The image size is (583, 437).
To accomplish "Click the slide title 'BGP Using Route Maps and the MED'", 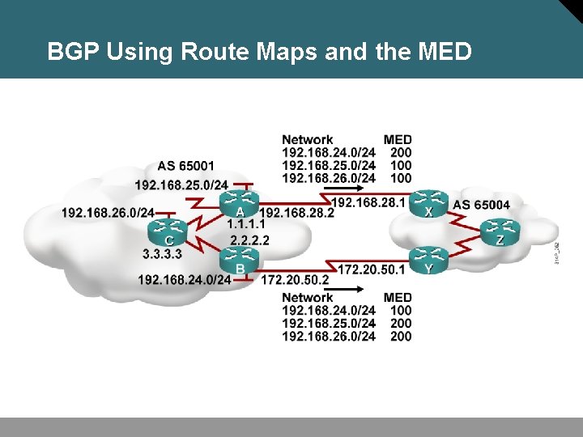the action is [x=259, y=53].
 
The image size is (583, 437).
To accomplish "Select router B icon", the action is [x=240, y=258].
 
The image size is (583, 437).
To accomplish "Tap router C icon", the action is [x=168, y=229].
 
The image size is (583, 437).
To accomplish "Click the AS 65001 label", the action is [x=186, y=167].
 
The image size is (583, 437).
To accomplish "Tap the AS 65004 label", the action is [x=482, y=205].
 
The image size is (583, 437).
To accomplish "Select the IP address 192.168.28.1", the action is [x=368, y=202].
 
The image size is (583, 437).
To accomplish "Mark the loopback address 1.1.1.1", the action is [x=247, y=223].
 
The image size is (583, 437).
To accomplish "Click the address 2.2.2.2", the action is [x=249, y=240].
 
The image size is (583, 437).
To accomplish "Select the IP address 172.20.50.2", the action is [x=295, y=279].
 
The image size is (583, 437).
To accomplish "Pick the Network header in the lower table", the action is [x=307, y=297].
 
